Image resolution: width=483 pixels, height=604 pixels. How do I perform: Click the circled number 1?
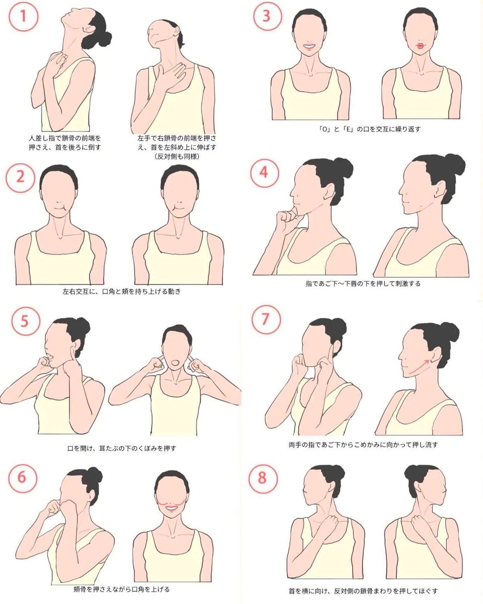(23, 16)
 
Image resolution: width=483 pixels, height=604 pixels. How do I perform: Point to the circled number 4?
(264, 173)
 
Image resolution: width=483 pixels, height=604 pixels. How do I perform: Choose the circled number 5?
(26, 321)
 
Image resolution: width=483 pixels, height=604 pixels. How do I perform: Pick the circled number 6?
(23, 478)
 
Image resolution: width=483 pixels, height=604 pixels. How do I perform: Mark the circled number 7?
(266, 320)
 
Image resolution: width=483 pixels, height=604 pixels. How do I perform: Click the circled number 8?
(263, 478)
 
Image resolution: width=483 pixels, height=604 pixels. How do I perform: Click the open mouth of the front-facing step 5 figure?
(175, 362)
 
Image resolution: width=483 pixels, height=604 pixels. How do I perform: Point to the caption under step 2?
(122, 291)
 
